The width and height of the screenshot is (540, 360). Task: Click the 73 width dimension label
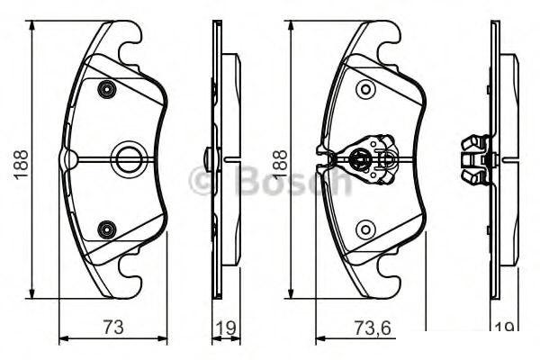[x=113, y=327]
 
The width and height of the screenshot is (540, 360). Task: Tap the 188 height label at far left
[x=21, y=164]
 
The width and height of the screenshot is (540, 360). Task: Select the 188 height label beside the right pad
[x=280, y=164]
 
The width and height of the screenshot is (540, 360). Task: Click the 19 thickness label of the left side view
[x=226, y=328]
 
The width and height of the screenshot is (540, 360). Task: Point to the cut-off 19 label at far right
[x=504, y=329]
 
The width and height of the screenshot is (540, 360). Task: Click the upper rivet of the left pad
[x=107, y=90]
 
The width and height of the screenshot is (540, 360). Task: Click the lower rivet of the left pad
[x=107, y=229]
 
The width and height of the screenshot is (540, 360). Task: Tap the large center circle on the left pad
[x=128, y=159]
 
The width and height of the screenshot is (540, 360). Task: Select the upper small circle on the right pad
[x=365, y=90]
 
